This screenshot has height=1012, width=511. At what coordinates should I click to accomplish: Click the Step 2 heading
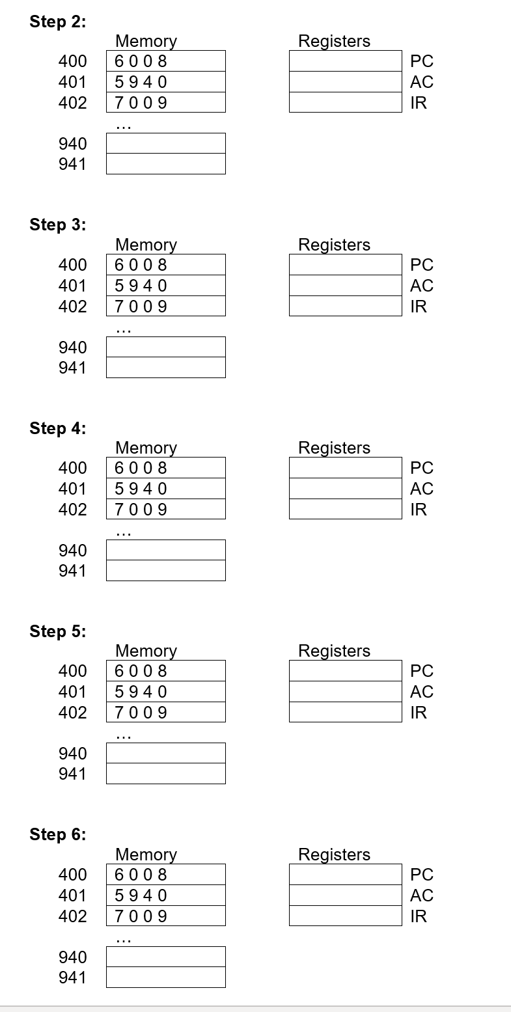click(x=57, y=21)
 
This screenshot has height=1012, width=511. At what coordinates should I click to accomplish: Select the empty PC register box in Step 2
click(x=345, y=61)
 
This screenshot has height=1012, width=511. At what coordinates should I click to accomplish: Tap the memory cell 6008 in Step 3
click(x=165, y=265)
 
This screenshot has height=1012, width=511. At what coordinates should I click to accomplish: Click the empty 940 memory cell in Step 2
click(x=165, y=143)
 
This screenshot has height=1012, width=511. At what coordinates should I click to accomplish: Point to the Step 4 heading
click(x=57, y=428)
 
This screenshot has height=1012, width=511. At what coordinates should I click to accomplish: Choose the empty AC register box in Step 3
click(x=345, y=286)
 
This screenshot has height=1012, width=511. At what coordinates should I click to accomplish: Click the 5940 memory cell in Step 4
click(x=165, y=489)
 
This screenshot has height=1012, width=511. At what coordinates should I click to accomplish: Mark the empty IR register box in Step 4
click(x=345, y=509)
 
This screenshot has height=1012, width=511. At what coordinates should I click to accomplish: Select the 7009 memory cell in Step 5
click(x=165, y=713)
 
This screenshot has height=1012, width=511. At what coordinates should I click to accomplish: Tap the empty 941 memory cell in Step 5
click(x=165, y=774)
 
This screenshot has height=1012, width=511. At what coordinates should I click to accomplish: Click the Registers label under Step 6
click(x=334, y=855)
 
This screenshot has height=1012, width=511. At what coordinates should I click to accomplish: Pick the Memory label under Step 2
click(x=146, y=41)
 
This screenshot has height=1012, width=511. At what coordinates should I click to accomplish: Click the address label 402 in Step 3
click(x=72, y=307)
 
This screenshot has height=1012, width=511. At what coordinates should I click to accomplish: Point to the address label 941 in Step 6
click(x=72, y=978)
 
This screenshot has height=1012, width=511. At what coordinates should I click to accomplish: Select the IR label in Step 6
click(x=419, y=916)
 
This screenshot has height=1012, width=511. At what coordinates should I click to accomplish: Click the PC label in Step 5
click(x=421, y=671)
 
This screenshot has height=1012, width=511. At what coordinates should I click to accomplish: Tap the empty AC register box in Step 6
click(x=345, y=896)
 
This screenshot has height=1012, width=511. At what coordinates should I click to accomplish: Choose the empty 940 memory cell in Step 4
click(x=165, y=550)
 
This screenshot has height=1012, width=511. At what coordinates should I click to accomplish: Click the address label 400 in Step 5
click(x=72, y=671)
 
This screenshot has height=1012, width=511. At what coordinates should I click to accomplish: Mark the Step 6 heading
click(x=57, y=834)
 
